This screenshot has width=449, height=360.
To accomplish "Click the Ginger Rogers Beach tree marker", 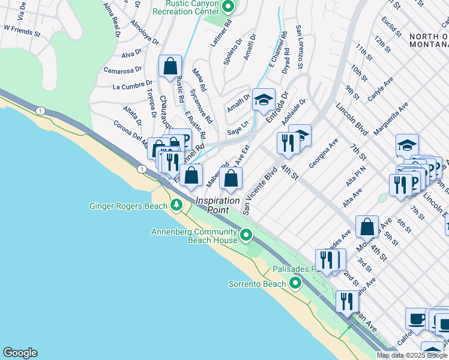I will pos(176,206).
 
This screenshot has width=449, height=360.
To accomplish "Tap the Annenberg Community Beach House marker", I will pos(246,236).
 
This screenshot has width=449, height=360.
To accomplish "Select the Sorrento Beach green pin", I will pos(295,283).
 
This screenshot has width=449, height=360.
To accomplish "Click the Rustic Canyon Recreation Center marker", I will pos(228,8).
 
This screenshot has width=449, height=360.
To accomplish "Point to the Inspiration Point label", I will pos(215,205).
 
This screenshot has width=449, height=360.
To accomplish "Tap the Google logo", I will pos(20,353).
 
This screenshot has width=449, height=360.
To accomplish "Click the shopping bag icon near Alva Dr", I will pos(170,66).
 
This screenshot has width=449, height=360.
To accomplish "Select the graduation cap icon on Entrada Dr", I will pos(263,100).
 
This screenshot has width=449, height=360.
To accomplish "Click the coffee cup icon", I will pos(417,319).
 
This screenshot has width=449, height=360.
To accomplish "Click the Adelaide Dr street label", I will pos(298,110).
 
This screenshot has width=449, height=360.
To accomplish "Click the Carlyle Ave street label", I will pos(380,88).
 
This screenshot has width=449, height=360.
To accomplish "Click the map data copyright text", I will pos(412,355).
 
